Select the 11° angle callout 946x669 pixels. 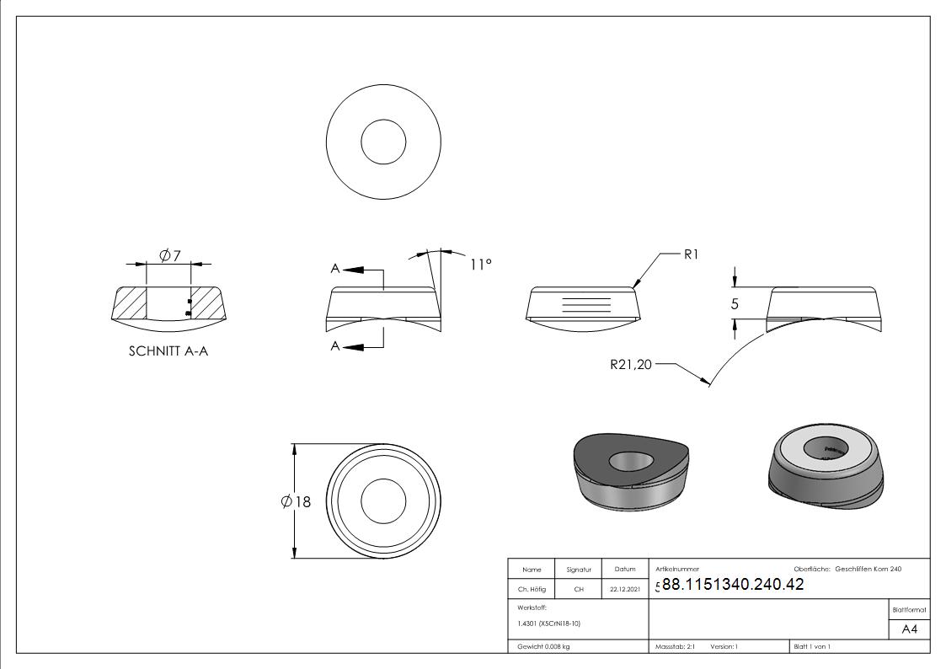click(479, 264)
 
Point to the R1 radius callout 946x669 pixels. click(691, 254)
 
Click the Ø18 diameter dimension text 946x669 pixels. click(297, 501)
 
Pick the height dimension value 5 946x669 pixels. click(735, 304)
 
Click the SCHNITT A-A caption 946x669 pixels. click(168, 351)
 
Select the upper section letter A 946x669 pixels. click(335, 269)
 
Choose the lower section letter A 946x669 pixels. click(335, 346)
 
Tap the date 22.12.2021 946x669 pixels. click(624, 589)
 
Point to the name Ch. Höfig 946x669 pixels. click(532, 589)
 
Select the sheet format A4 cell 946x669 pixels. click(910, 629)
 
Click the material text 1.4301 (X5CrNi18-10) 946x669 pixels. click(549, 624)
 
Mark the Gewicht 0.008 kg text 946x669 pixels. click(543, 646)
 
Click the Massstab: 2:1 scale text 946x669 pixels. click(674, 646)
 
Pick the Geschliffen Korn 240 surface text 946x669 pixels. click(868, 570)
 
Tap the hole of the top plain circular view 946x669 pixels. click(383, 141)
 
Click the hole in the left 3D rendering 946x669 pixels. click(630, 461)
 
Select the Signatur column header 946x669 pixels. click(579, 570)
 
